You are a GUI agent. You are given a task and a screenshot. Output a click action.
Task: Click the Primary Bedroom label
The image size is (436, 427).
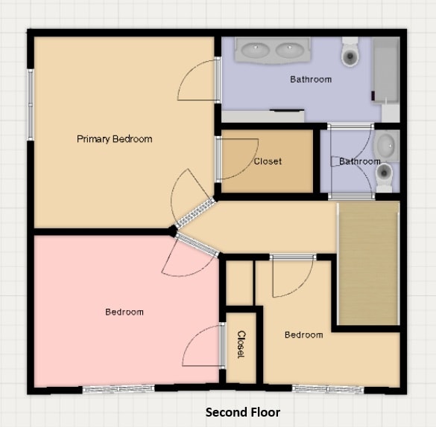coord(114,139)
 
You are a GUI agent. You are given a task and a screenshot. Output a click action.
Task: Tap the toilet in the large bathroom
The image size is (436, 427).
coord(350,52)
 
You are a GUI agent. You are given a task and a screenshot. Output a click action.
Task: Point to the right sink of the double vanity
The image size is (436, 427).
coord(290,51)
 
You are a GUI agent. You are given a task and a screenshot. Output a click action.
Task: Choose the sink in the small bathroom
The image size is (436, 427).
coord(386,145)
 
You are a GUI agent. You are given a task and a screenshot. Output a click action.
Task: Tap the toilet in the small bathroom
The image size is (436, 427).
coord(385,174)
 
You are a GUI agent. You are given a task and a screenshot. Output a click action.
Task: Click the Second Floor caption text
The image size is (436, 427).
coord(243,412)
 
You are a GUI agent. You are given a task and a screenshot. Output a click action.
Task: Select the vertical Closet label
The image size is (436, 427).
coord(241,344)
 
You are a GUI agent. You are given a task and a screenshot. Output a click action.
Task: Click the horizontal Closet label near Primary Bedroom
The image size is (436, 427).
coord(268,161)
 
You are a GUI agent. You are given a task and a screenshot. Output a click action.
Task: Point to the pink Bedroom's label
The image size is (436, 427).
coord(124,312)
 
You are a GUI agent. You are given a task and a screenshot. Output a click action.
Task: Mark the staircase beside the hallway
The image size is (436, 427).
coord(368,263)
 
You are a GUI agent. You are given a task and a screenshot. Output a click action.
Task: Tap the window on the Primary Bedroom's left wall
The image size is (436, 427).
coord(31,103)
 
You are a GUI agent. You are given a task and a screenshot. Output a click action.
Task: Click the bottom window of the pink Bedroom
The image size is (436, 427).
coord(118,388)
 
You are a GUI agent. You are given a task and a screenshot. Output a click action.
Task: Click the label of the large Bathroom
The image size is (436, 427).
coord(311,79)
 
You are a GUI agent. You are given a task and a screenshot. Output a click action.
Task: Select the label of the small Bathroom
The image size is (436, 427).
coord(360,161)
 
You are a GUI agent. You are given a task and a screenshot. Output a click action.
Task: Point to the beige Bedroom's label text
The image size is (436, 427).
coord(304,335)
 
